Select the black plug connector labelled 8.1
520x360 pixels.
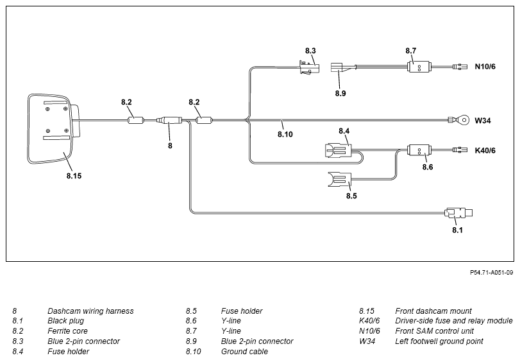pos(458,212)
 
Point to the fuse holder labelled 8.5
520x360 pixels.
pos(340,180)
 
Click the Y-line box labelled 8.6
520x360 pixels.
pos(419,151)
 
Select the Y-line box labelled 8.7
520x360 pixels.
pos(419,67)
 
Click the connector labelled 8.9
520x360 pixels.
pos(338,67)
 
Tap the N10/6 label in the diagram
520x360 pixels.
pos(485,66)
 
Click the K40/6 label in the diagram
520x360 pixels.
pos(485,150)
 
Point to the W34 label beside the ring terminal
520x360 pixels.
pos(483,121)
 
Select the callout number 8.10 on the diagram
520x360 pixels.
pos(285,134)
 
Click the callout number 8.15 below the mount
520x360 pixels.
pos(74,176)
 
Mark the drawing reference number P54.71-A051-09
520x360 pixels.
pos(492,272)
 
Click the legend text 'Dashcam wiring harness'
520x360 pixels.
pos(90,311)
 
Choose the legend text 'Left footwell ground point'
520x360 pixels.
pos(439,341)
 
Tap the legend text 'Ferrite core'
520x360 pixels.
pos(68,330)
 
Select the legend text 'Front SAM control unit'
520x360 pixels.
pos(435,330)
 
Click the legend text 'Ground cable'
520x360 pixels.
pos(244,351)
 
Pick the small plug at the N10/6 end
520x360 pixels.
pos(459,67)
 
